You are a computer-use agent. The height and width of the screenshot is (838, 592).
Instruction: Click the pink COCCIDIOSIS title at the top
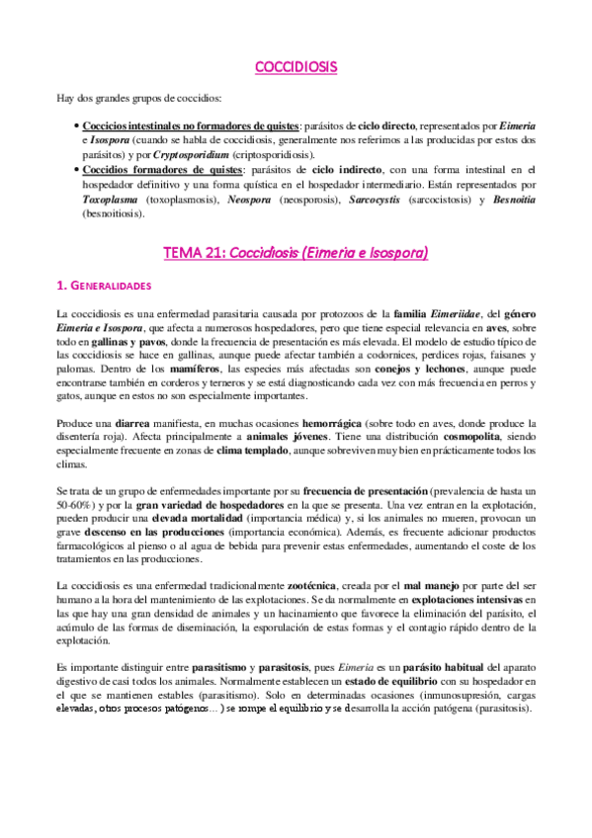pos(296,67)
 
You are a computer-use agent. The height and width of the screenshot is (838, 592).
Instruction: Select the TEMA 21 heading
pos(296,253)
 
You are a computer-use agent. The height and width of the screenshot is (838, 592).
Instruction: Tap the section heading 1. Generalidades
pos(104,287)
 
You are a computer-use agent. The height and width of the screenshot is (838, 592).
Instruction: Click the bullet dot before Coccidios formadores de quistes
pos(77,170)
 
